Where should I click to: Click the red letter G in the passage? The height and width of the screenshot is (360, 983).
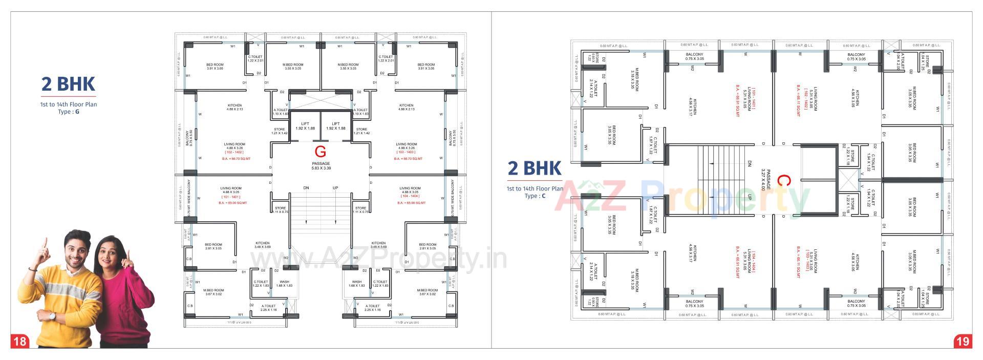pyautogui.click(x=320, y=151)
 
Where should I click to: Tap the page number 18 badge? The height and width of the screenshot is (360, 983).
pyautogui.click(x=19, y=341)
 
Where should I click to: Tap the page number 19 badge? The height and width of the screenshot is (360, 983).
pyautogui.click(x=963, y=341)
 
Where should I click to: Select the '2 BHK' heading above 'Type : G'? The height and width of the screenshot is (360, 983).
pyautogui.click(x=68, y=84)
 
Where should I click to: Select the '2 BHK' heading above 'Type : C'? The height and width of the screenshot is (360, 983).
pyautogui.click(x=534, y=168)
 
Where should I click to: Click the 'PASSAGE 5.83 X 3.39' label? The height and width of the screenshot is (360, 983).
pyautogui.click(x=320, y=166)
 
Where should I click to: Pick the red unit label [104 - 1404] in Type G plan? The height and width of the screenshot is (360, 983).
pyautogui.click(x=409, y=196)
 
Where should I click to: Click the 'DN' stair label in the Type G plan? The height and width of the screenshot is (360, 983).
pyautogui.click(x=306, y=188)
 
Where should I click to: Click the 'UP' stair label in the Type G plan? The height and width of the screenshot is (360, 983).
pyautogui.click(x=335, y=188)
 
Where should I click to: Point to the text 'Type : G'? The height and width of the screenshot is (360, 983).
pyautogui.click(x=68, y=112)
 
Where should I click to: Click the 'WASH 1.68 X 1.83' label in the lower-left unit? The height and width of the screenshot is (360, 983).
pyautogui.click(x=284, y=283)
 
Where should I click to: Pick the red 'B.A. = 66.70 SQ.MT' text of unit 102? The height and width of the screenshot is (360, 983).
pyautogui.click(x=236, y=159)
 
